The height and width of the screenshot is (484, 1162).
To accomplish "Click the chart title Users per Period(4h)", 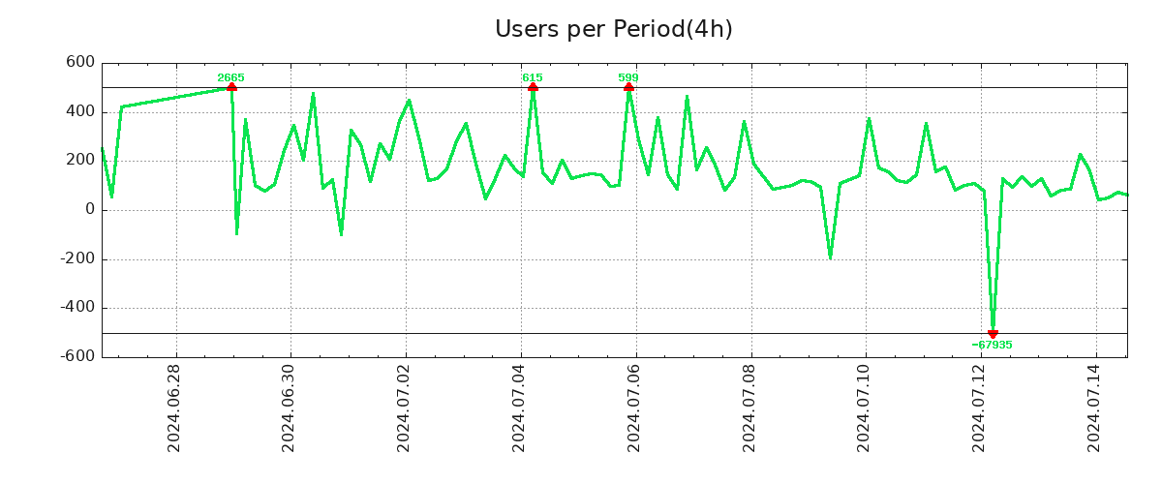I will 613,29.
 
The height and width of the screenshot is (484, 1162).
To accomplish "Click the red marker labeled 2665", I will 231,87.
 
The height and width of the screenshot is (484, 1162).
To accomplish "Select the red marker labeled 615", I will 533,87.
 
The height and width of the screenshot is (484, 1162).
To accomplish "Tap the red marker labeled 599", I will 628,87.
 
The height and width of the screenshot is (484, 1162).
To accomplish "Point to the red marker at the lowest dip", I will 993,334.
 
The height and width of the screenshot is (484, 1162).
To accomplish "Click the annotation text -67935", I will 992,346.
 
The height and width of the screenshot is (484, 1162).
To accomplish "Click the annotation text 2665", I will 230,77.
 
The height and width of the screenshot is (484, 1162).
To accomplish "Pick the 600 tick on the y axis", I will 81,63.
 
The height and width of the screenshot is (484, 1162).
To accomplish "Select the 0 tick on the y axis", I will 89,210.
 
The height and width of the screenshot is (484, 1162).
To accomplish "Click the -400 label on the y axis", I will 77,308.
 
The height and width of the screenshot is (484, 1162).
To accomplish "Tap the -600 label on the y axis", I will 77,357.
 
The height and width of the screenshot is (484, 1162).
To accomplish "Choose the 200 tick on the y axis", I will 81,161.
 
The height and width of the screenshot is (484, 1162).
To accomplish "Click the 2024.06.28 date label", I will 174,408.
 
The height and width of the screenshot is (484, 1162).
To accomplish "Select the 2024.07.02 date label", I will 405,408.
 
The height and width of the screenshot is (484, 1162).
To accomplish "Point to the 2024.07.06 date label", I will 635,408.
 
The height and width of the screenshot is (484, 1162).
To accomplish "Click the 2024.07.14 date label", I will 1095,408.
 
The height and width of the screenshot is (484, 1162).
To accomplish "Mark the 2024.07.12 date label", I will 980,408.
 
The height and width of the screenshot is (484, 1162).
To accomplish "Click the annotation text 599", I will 628,77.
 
